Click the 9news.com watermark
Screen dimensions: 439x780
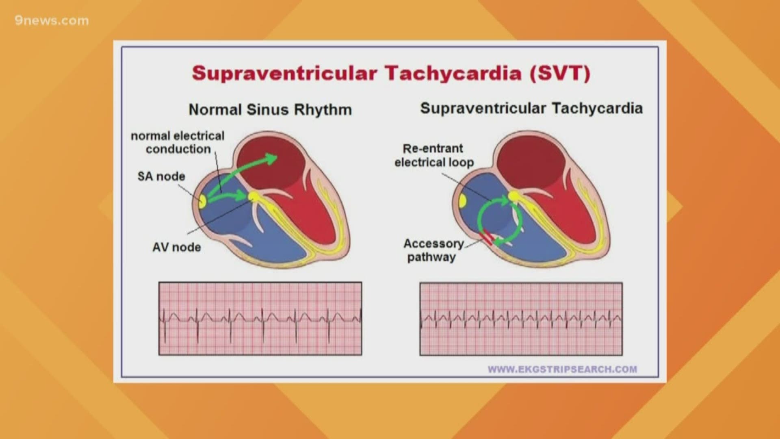click(52, 21)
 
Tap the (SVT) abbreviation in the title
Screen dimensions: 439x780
click(560, 74)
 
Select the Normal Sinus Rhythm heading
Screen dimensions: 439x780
click(270, 110)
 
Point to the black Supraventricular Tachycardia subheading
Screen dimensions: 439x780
click(531, 109)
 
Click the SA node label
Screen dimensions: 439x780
click(161, 176)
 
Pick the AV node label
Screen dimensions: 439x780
click(176, 247)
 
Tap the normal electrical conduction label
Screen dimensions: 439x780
click(178, 142)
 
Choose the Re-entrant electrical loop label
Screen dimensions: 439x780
click(434, 155)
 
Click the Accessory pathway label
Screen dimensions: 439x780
click(433, 250)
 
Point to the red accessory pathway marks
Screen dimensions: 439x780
click(487, 238)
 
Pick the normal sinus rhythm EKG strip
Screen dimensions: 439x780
click(260, 318)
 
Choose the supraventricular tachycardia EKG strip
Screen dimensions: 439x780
click(521, 318)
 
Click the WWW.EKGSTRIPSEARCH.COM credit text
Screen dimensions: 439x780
click(562, 369)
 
